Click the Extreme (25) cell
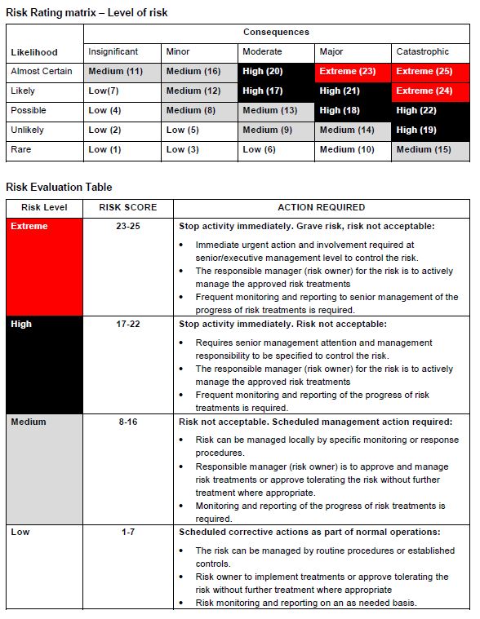(x=430, y=72)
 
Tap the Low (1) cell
(x=122, y=150)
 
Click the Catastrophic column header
(x=430, y=52)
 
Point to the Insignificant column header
(x=122, y=52)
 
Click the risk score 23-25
(x=128, y=226)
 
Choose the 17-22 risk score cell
(x=128, y=324)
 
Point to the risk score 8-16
(x=128, y=422)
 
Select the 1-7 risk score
(x=128, y=532)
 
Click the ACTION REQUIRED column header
(x=322, y=207)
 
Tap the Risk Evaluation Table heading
(x=59, y=187)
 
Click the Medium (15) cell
(x=430, y=150)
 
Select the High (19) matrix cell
(x=430, y=130)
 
